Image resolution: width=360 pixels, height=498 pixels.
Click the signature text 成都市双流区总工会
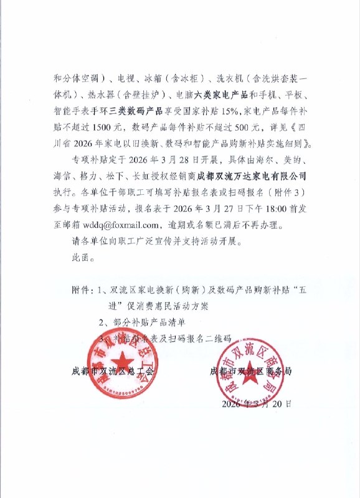[111, 372]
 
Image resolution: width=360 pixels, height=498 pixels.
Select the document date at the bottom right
[256, 403]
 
